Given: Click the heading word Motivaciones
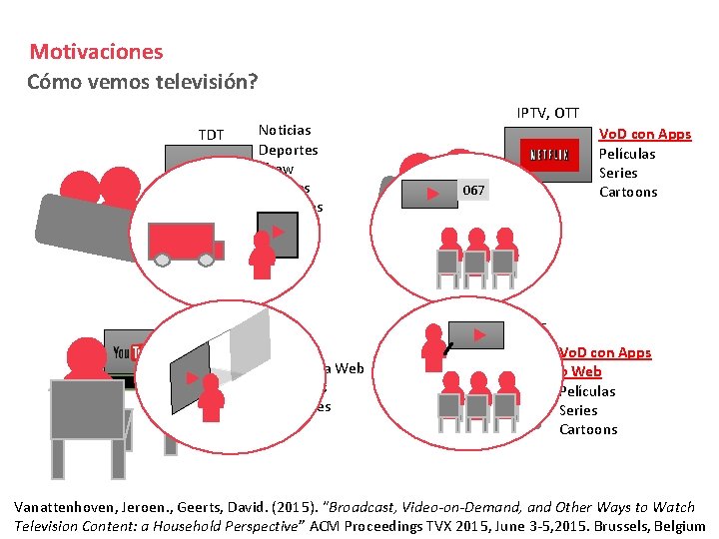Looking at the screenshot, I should click(96, 52).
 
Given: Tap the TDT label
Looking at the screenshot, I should click(211, 134).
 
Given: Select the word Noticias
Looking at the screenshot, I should click(285, 130).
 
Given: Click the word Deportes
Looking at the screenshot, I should click(288, 150).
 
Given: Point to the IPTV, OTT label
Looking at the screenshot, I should click(547, 113).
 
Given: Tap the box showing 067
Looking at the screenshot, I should click(475, 190).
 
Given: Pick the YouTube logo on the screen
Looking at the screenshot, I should click(124, 352).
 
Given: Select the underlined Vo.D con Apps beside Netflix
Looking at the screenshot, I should click(644, 134).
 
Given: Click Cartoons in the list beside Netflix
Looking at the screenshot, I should click(628, 192).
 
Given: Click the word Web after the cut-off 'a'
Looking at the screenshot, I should click(350, 368).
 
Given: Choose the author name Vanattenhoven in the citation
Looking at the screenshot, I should click(68, 507).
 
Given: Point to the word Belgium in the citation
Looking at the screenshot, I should click(676, 526).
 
